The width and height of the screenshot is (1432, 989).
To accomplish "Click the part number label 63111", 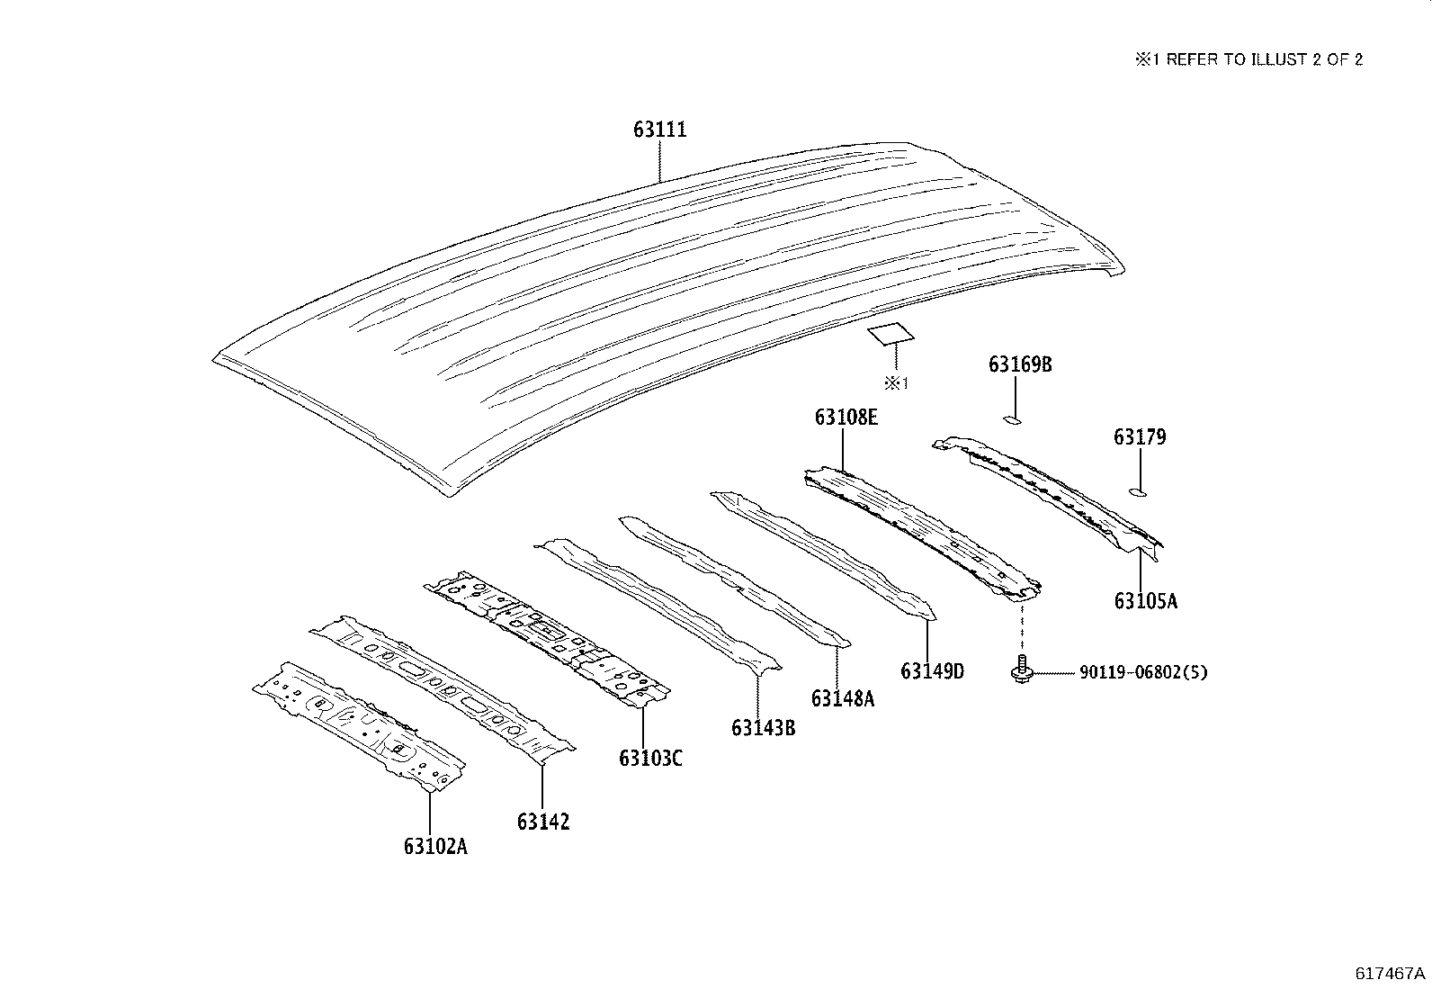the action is click(659, 130).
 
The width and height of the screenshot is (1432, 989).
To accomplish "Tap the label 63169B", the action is click(1020, 364).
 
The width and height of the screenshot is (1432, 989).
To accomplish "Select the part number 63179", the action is click(1140, 437).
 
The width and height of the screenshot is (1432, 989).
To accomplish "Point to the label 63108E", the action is click(846, 418).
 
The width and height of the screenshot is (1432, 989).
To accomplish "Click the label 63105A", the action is click(1146, 601).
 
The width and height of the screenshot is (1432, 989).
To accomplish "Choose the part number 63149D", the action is click(932, 671).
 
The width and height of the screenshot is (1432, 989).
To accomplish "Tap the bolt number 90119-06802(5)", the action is click(1143, 672).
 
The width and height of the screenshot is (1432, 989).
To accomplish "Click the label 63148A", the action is click(843, 698).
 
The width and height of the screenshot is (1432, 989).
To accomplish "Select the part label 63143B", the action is click(764, 728).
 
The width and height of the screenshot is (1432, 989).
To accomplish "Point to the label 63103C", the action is click(651, 758).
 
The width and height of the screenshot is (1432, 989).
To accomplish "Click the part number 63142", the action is click(543, 822).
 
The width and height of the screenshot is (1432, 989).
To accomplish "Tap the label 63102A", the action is click(435, 846).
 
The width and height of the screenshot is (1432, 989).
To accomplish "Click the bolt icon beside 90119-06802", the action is click(1022, 669).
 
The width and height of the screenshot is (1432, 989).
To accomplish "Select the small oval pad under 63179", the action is click(1138, 492).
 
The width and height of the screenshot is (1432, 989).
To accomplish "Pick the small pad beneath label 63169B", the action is click(1012, 419).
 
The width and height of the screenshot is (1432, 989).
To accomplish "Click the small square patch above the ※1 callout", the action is click(891, 333).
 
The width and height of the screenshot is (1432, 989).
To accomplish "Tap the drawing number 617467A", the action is click(1390, 974).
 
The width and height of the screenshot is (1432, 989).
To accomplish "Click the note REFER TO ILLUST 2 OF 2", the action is click(1265, 59).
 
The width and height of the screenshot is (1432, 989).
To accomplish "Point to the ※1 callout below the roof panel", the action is click(896, 383).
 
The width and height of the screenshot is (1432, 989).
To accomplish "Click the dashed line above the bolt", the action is click(1022, 627).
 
